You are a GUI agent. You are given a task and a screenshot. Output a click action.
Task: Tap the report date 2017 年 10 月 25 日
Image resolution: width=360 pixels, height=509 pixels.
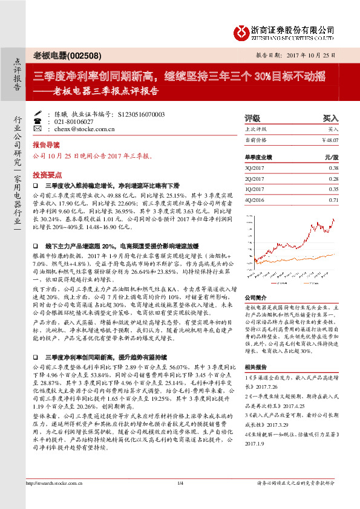click(x=309, y=56)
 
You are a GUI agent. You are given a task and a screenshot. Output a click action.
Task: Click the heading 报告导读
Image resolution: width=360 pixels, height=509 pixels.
click(x=46, y=146)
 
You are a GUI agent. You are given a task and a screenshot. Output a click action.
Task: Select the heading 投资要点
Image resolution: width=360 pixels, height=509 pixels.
click(x=46, y=173)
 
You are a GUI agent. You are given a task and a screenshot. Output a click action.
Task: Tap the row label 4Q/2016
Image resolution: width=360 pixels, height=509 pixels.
click(x=254, y=199)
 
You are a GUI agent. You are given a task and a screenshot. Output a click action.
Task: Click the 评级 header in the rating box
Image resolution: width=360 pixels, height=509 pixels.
click(x=252, y=118)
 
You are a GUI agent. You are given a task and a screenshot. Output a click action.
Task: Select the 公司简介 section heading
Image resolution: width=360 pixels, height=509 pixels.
click(x=255, y=298)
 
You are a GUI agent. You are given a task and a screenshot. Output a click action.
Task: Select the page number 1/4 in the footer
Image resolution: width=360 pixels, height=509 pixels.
click(x=180, y=499)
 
